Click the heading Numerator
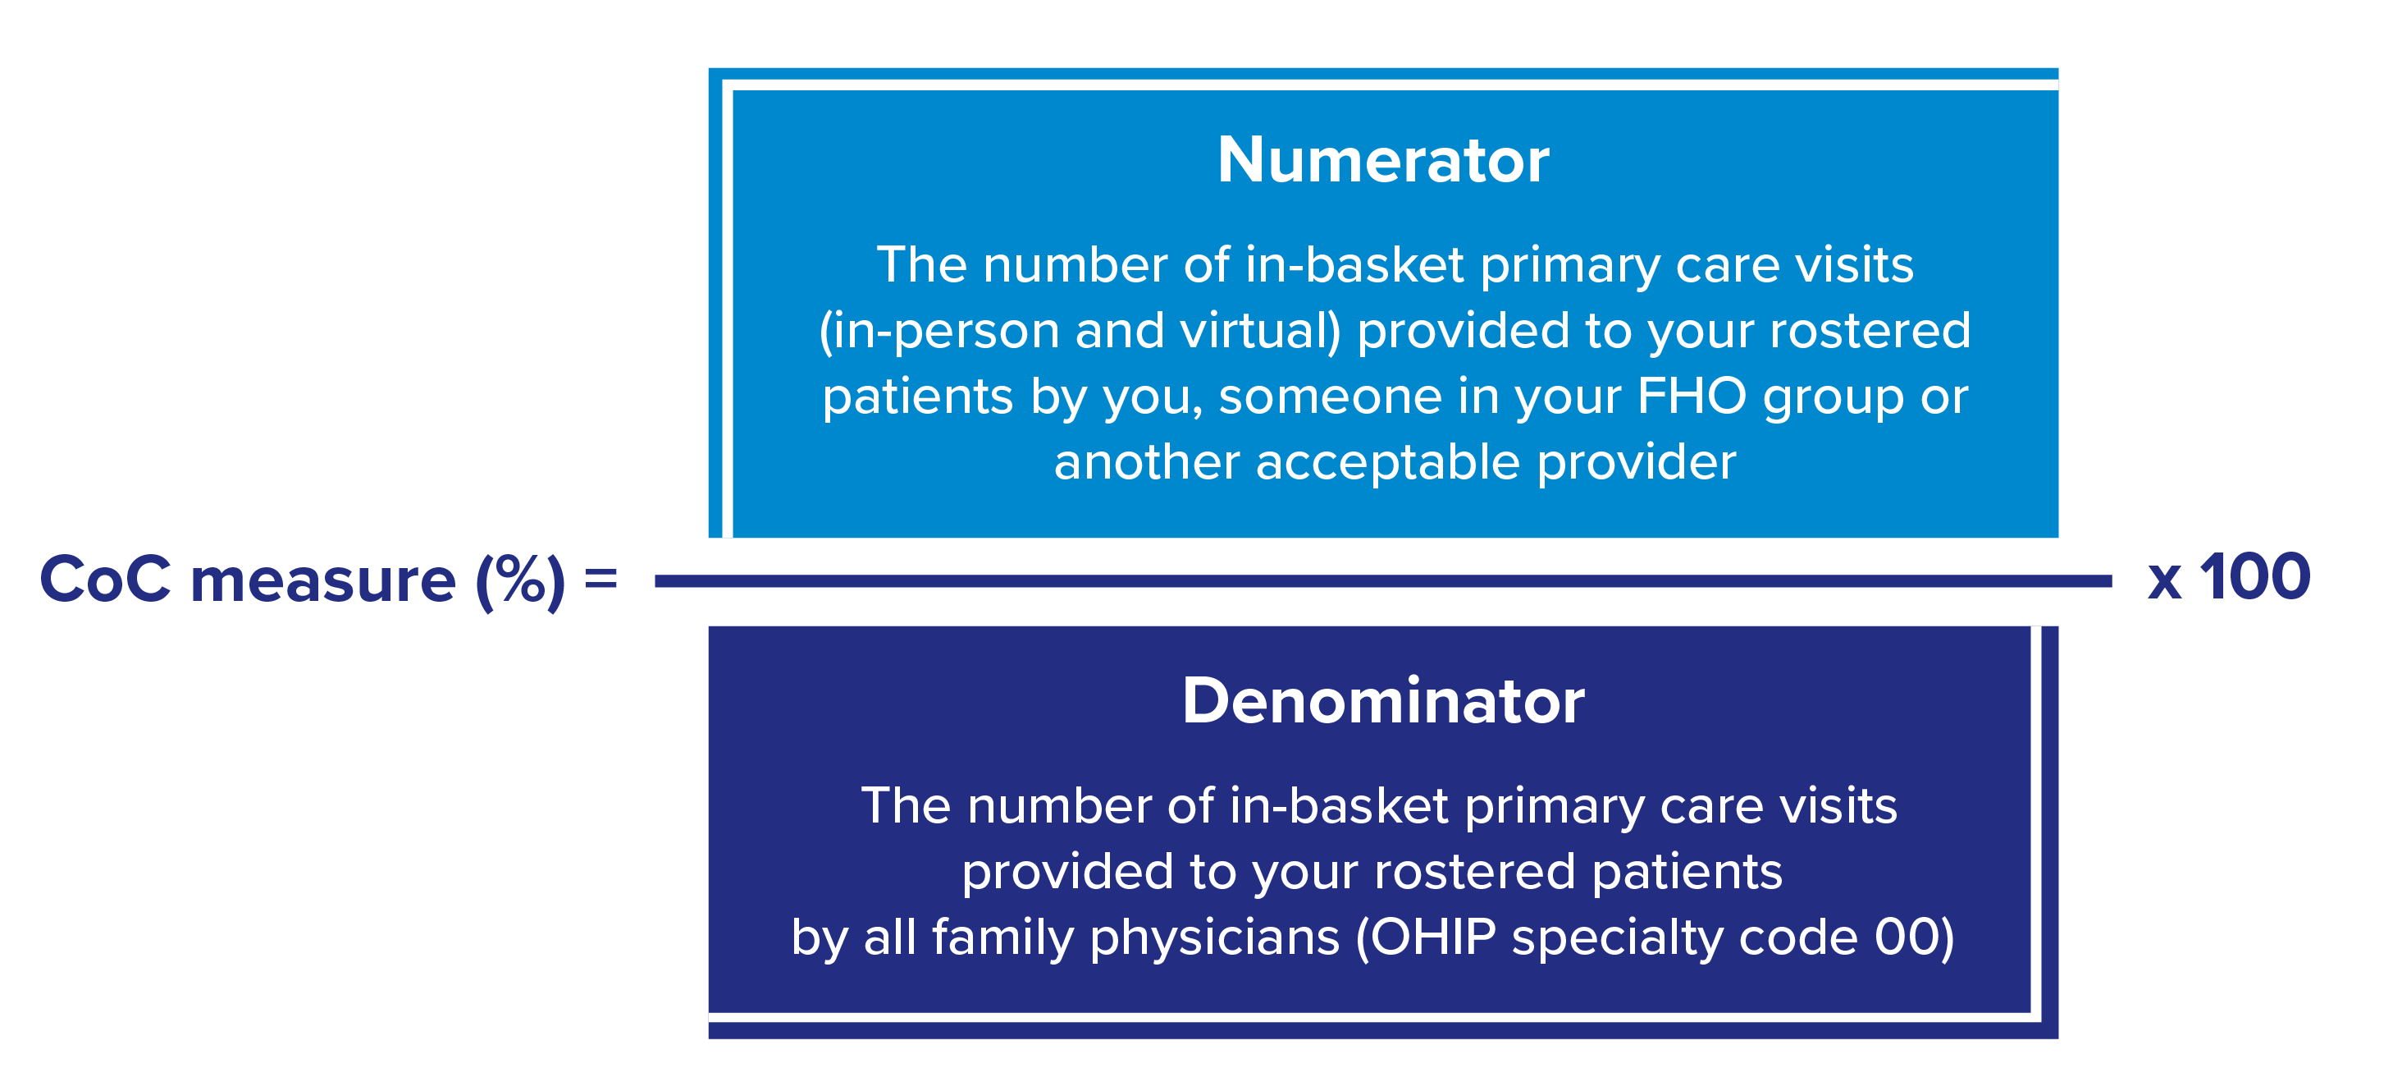[1383, 160]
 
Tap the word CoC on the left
[105, 579]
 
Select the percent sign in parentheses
[520, 579]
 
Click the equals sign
[601, 579]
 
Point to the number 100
[2255, 576]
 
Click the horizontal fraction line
[1383, 581]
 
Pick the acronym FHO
[1692, 396]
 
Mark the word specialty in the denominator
[1617, 937]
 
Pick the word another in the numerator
[1147, 462]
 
